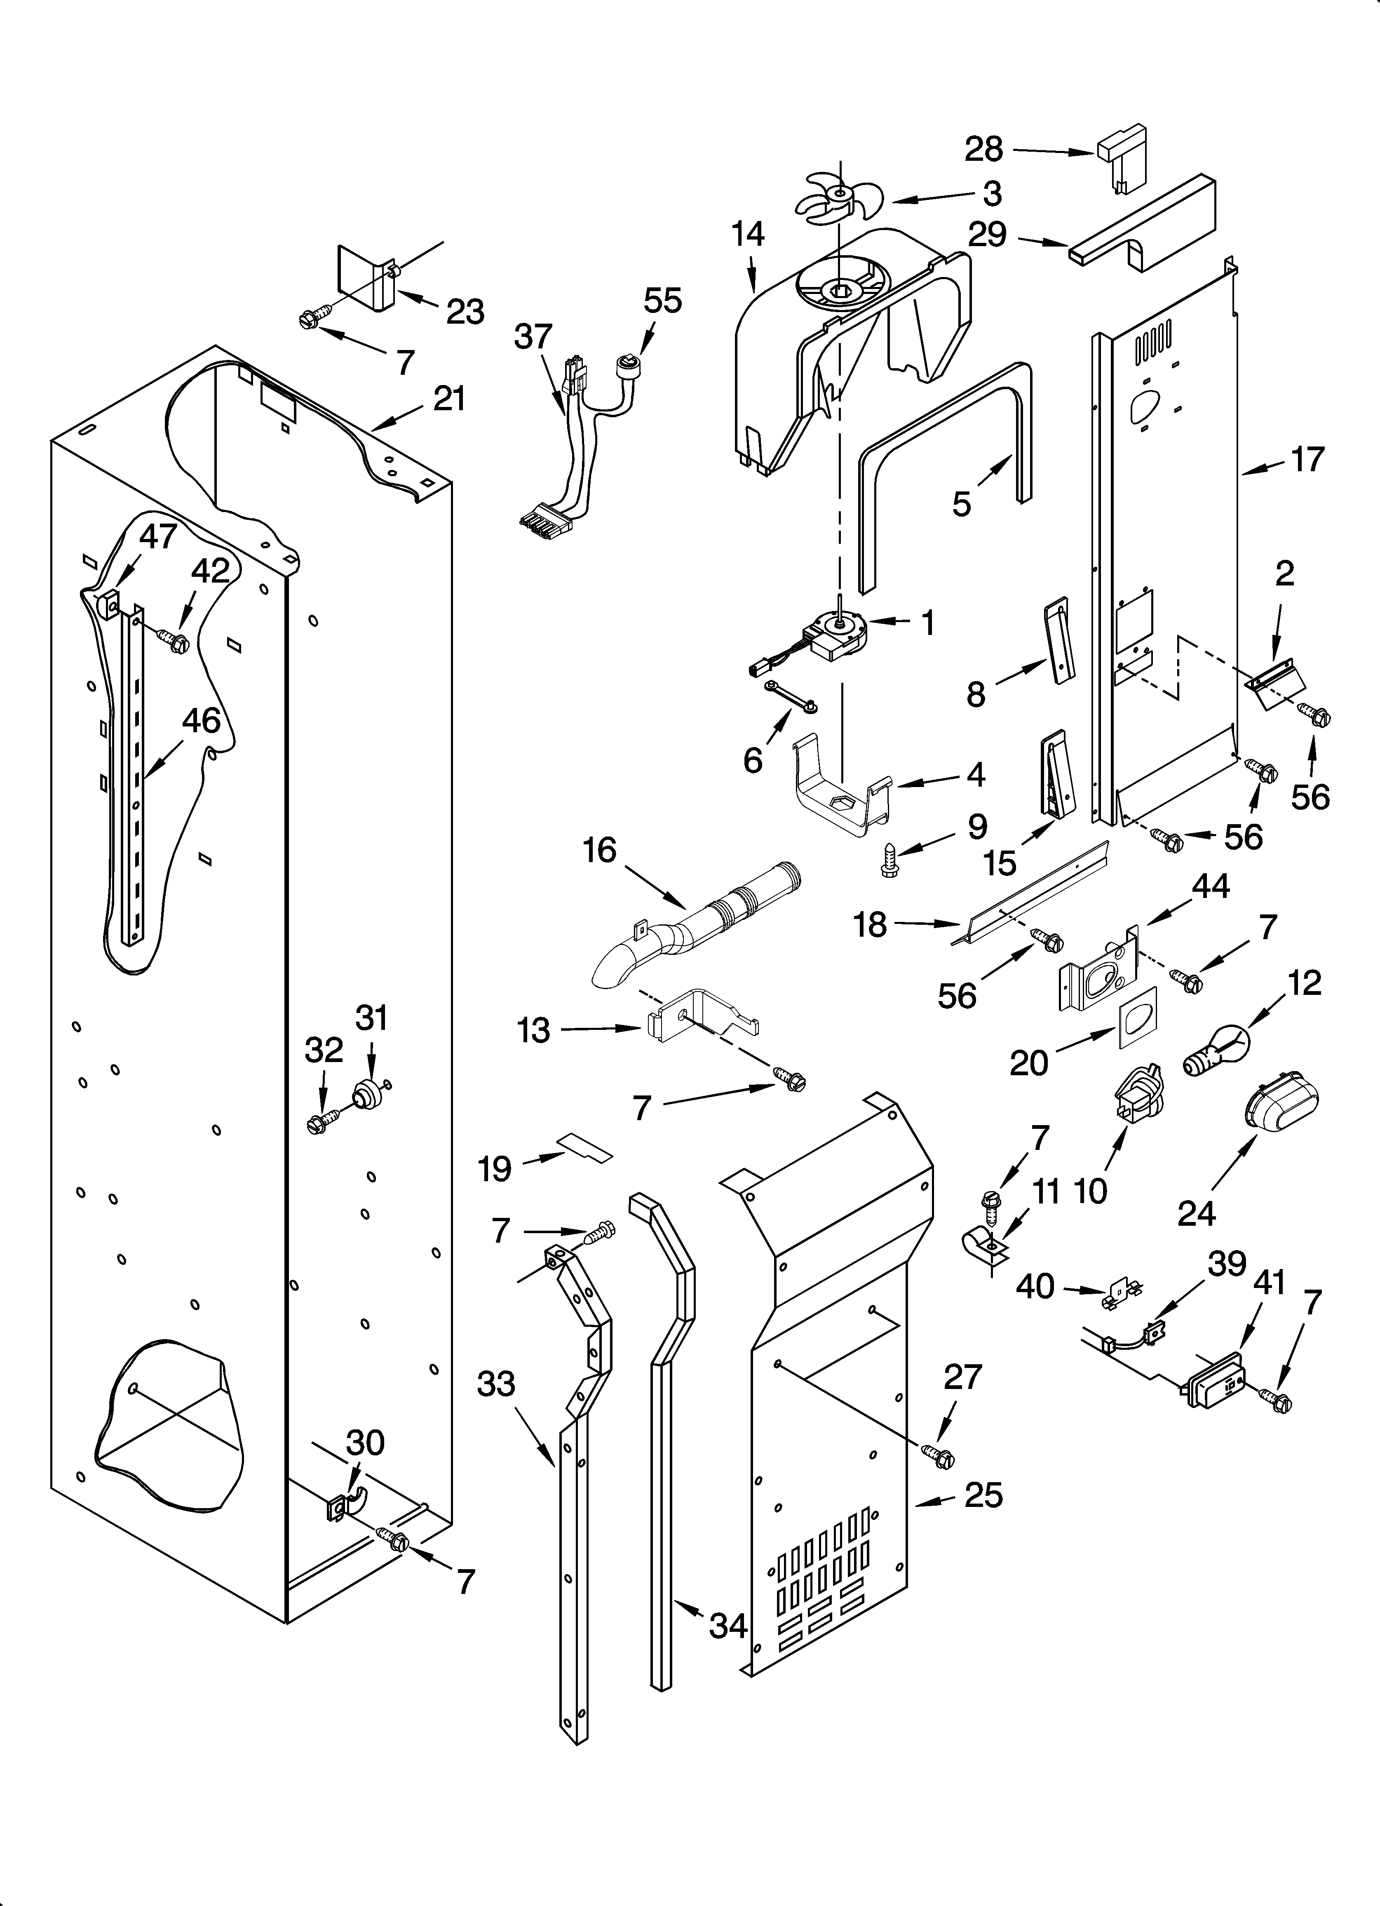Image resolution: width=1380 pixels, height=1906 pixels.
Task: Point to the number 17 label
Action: [x=1308, y=459]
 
